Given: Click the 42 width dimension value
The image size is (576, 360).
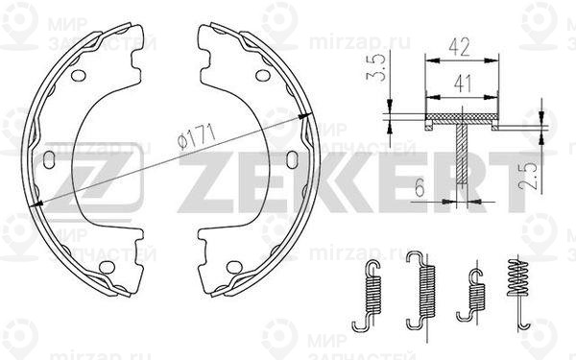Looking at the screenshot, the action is pyautogui.click(x=459, y=47).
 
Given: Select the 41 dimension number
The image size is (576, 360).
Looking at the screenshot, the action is pyautogui.click(x=463, y=84).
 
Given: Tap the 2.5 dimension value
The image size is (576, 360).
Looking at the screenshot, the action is pyautogui.click(x=527, y=177).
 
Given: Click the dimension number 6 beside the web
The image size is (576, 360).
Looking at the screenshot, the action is pyautogui.click(x=420, y=188).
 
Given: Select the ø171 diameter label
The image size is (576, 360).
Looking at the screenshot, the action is pyautogui.click(x=196, y=136).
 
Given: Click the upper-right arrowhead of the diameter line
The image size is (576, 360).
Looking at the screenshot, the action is pyautogui.click(x=304, y=116).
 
